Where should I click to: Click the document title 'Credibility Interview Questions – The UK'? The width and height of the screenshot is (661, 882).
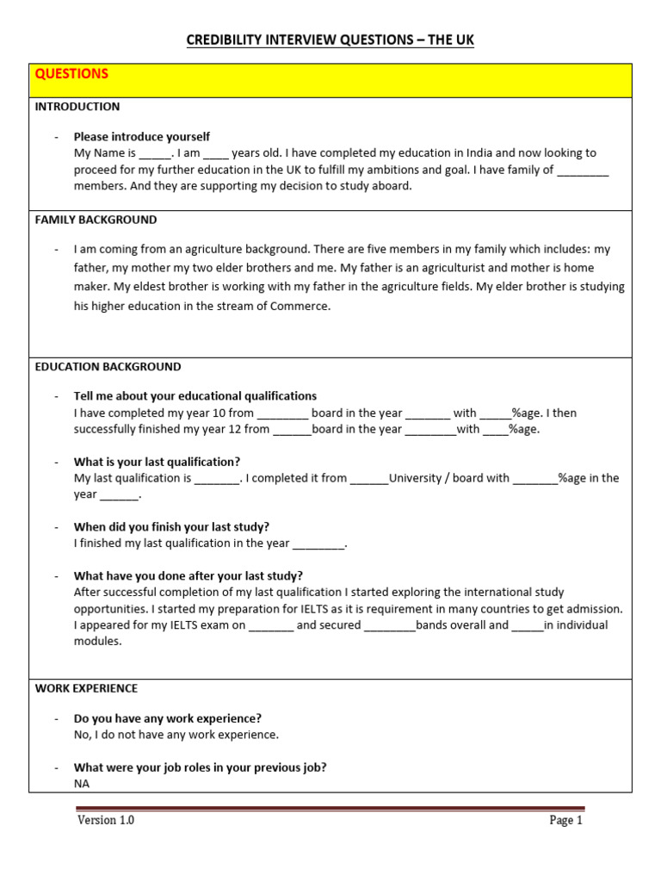pyautogui.click(x=330, y=40)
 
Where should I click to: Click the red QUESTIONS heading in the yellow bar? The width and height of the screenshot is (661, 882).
pyautogui.click(x=71, y=74)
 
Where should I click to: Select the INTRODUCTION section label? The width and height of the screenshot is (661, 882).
pyautogui.click(x=77, y=107)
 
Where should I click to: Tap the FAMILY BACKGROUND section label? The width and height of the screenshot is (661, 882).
pyautogui.click(x=96, y=220)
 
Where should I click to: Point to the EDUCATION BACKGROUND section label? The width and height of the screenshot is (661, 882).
pyautogui.click(x=108, y=366)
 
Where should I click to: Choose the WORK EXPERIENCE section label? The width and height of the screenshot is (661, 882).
pyautogui.click(x=86, y=688)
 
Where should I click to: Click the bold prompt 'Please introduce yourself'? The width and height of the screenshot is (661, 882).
pyautogui.click(x=141, y=137)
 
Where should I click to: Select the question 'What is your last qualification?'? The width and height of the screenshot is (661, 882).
pyautogui.click(x=157, y=461)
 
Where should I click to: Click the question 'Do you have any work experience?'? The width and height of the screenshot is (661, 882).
pyautogui.click(x=167, y=717)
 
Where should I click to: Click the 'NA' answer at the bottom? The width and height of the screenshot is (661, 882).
pyautogui.click(x=82, y=784)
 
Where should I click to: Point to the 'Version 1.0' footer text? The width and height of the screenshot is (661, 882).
pyautogui.click(x=106, y=820)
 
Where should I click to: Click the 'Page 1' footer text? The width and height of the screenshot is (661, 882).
pyautogui.click(x=565, y=820)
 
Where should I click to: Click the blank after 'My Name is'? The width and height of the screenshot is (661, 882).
pyautogui.click(x=155, y=153)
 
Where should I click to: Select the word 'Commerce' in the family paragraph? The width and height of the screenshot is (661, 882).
pyautogui.click(x=302, y=306)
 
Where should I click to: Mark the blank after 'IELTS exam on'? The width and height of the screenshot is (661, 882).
pyautogui.click(x=271, y=625)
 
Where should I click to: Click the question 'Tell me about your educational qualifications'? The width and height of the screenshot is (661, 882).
pyautogui.click(x=195, y=395)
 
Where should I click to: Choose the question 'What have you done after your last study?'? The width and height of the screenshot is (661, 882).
pyautogui.click(x=188, y=575)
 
